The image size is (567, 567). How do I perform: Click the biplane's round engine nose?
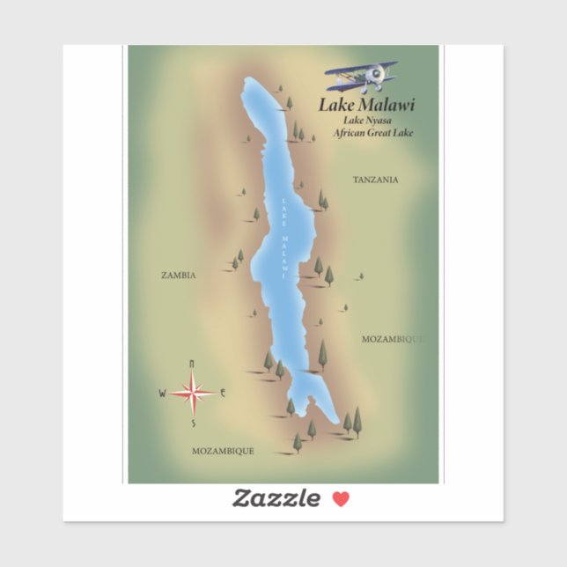(377, 75)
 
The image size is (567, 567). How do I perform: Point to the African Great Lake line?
(372, 133)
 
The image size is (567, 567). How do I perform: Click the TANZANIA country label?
(375, 180)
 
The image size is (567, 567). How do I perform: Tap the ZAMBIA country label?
(179, 276)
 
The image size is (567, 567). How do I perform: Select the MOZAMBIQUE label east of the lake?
(393, 338)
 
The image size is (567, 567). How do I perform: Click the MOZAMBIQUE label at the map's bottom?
(223, 451)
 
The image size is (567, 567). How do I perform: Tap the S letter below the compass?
(193, 423)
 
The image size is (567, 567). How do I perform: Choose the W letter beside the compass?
(162, 394)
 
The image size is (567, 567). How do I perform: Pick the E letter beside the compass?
(224, 393)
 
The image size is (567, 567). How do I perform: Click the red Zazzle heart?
(341, 499)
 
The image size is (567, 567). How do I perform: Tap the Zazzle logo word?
(276, 499)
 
